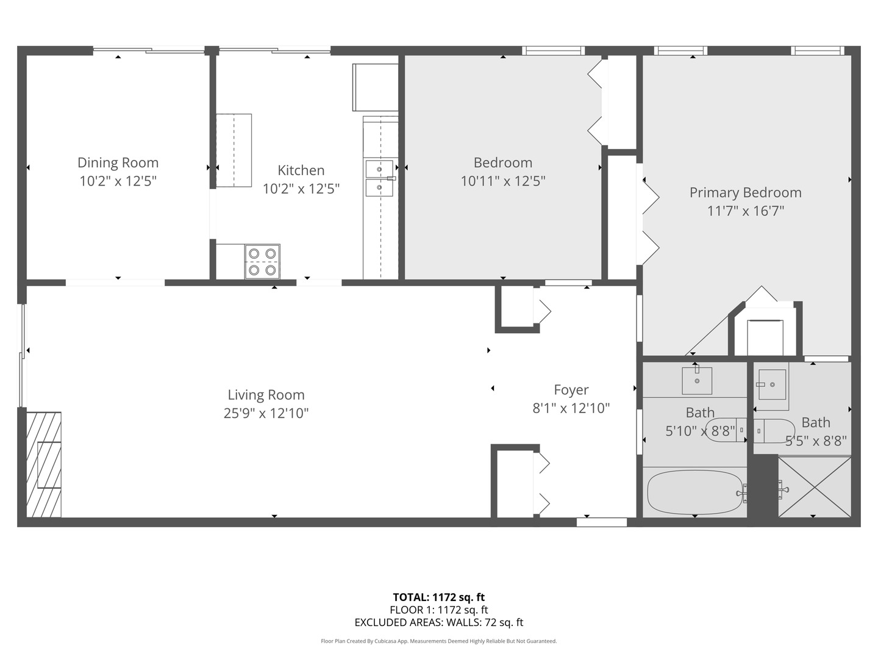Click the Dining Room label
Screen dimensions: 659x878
point(118,163)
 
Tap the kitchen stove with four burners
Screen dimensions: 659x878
point(262,261)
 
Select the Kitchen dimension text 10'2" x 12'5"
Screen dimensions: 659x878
point(301,189)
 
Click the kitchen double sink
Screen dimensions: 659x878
point(379,178)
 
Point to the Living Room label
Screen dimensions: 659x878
point(266,395)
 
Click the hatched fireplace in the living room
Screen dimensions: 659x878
point(44,464)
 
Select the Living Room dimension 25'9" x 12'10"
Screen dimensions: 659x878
point(266,414)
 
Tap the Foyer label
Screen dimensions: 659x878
point(571,390)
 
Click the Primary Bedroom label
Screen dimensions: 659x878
point(745,193)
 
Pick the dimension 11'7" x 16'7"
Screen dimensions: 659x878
point(745,211)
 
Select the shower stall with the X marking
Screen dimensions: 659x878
point(814,486)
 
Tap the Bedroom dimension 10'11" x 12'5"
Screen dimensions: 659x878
point(502,181)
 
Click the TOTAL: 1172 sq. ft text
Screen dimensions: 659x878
point(438,597)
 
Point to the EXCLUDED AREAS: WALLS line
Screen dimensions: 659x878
point(438,622)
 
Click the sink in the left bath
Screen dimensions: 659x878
point(696,381)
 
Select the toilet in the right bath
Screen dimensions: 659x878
point(774,431)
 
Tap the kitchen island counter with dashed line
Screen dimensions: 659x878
point(234,150)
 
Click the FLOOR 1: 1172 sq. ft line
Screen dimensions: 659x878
point(438,610)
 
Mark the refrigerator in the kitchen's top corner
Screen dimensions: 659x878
point(375,87)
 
